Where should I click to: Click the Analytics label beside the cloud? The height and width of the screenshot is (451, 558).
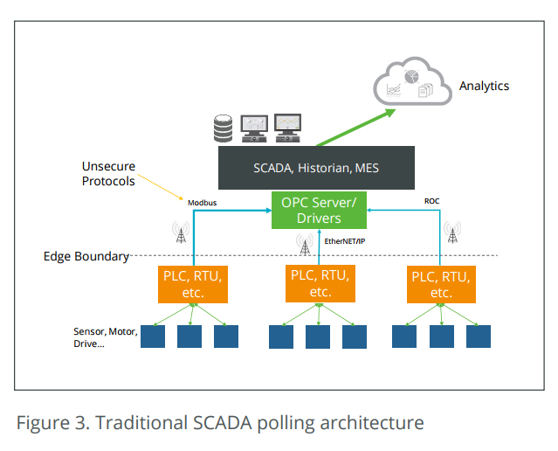484,86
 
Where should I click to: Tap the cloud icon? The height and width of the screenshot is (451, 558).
412,81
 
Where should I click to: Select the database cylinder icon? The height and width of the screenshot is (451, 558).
224,128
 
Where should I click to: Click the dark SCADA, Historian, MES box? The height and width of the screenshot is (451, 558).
316,168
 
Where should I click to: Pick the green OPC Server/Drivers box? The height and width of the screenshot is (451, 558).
319,210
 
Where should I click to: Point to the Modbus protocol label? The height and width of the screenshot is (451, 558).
202,203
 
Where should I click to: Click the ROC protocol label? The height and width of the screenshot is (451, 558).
431,201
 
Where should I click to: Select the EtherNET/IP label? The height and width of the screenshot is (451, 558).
344,241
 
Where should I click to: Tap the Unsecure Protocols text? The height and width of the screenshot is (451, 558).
108,174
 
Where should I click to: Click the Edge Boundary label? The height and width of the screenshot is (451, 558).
86,256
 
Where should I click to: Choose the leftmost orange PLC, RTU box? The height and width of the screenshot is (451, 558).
193,284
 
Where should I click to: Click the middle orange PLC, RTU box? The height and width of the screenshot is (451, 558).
320,283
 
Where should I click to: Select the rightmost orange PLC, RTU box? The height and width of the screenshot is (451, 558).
441,284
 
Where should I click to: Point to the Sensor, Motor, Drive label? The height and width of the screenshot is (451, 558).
106,337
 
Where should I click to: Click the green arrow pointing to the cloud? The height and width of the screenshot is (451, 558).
356,128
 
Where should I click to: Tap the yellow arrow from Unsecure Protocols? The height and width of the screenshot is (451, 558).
160,187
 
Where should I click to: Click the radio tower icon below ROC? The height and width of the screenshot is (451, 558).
452,232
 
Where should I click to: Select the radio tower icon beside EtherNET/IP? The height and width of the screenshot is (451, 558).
305,245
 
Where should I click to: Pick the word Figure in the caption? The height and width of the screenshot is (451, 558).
43,423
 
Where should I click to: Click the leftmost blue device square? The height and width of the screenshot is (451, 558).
153,337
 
